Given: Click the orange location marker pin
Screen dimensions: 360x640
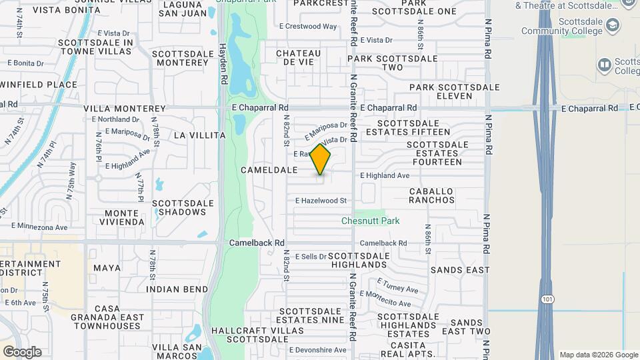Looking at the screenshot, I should click(321, 159).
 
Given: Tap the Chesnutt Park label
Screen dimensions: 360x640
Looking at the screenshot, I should click(370, 221).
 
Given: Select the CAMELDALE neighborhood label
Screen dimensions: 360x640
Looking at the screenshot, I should click(269, 170).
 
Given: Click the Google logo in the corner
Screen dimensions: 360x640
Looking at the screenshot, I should click(21, 351).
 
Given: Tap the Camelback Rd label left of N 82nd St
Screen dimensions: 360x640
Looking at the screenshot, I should click(257, 243).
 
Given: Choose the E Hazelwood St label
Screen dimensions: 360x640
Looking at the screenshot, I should click(321, 200).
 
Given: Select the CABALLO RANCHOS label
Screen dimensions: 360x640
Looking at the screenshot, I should click(431, 195).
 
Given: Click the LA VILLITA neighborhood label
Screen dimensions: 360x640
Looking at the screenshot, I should click(199, 135).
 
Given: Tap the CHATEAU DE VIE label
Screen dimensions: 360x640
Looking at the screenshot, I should click(294, 57).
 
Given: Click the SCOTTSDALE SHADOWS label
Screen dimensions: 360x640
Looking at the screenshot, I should click(183, 207).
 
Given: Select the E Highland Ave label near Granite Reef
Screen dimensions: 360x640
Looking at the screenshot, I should click(385, 175).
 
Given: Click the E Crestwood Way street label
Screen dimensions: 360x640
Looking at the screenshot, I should click(308, 27).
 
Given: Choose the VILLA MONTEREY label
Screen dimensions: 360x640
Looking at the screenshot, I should click(124, 108).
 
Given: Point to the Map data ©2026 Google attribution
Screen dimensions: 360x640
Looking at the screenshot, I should click(598, 355).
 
